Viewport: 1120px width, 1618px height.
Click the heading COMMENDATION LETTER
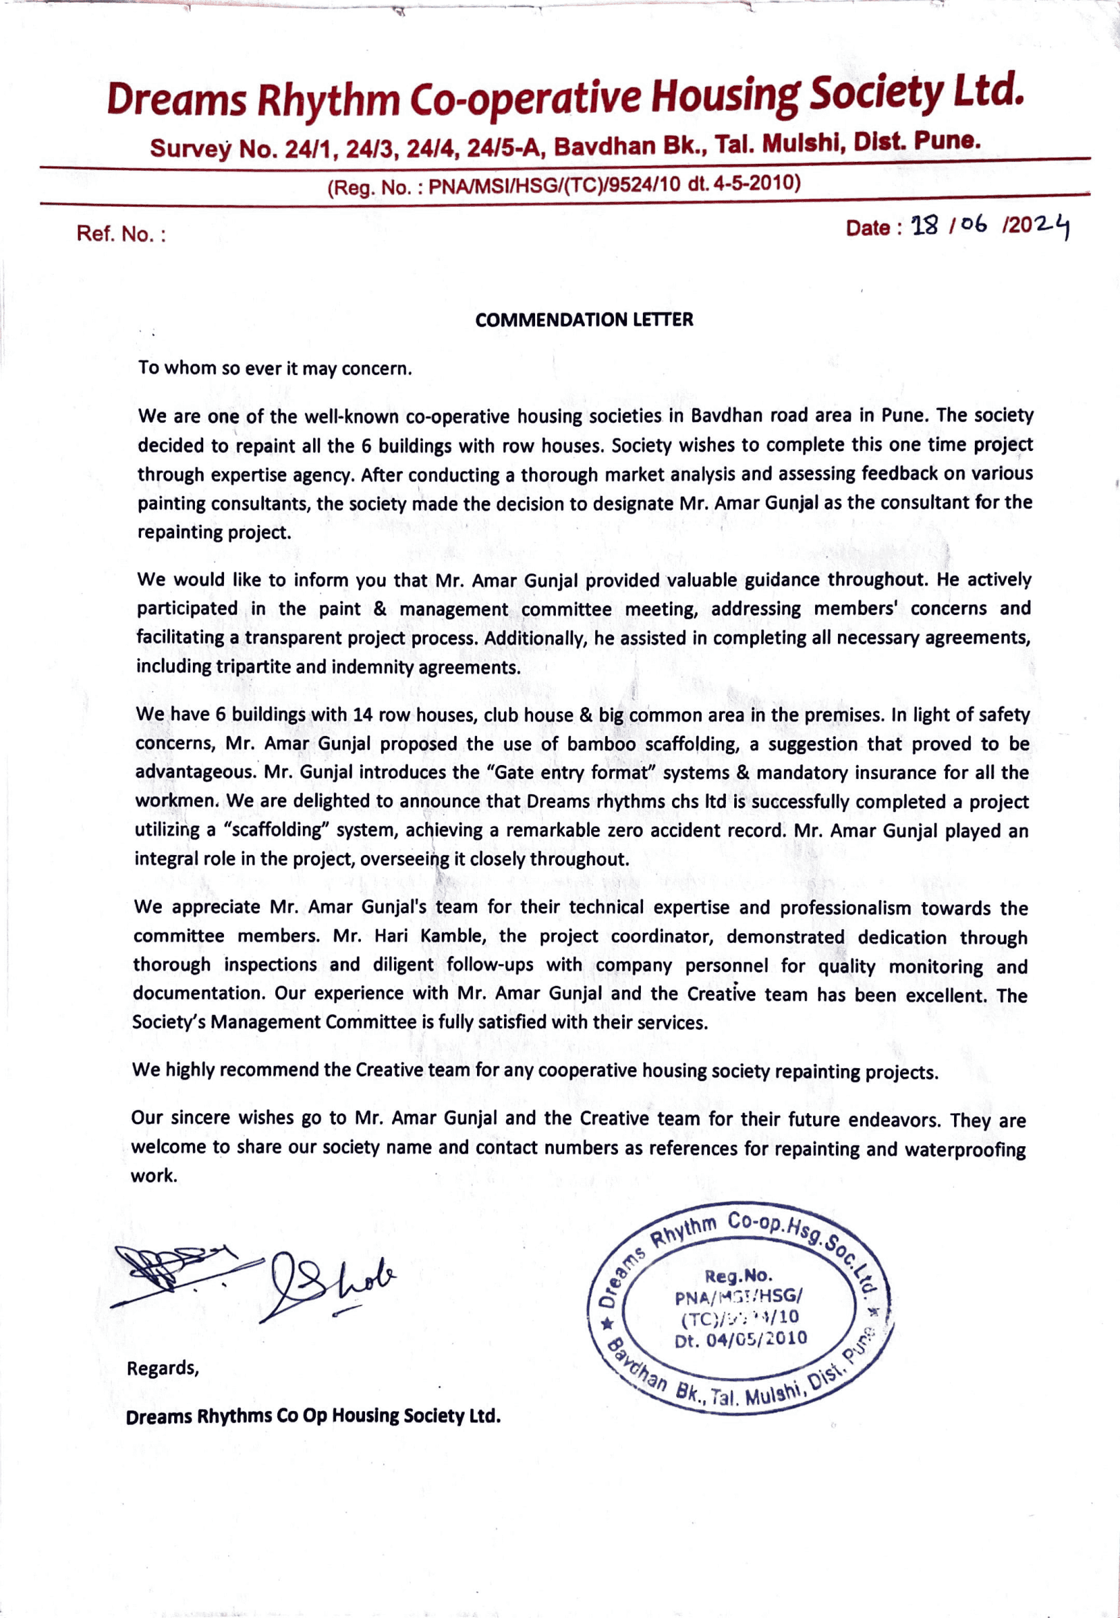point(584,320)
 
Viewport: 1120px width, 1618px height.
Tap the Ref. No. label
point(121,234)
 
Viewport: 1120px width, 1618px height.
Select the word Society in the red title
point(876,95)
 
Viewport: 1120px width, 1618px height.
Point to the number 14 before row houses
point(363,715)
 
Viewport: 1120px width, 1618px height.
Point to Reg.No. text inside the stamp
point(738,1276)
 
